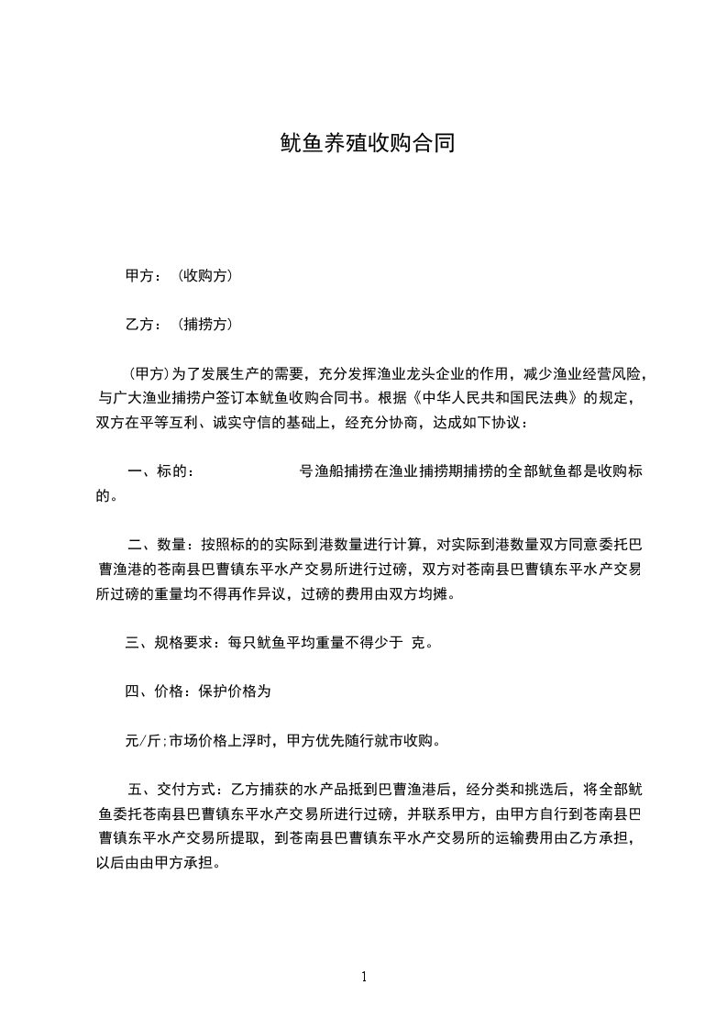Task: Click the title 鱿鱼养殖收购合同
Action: (367, 144)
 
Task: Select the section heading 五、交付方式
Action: (169, 789)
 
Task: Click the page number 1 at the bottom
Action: (364, 977)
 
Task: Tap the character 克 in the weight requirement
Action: (421, 642)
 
